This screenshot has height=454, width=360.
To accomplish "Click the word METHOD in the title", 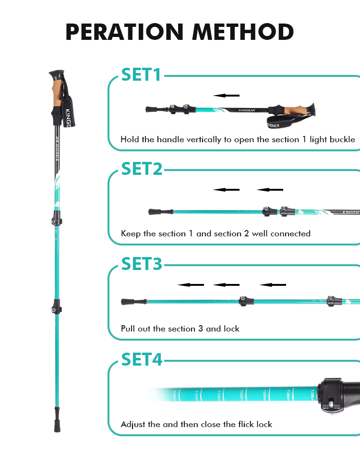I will pos(243,32).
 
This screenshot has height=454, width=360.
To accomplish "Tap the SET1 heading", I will pos(141,74).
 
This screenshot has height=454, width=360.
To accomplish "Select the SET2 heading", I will pos(142,169).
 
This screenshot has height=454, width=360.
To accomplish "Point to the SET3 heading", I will pos(142,264).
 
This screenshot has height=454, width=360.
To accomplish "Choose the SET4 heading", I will pos(142,359).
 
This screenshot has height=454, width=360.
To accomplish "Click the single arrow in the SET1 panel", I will pos(227,96).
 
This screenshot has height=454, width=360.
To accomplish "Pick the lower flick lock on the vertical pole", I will pos(57,306).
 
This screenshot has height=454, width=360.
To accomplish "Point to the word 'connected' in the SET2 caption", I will pos(290,233).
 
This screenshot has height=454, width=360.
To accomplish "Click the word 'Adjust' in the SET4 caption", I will pos(132,424).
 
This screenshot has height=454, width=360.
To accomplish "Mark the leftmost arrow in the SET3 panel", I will pos(191,285).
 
